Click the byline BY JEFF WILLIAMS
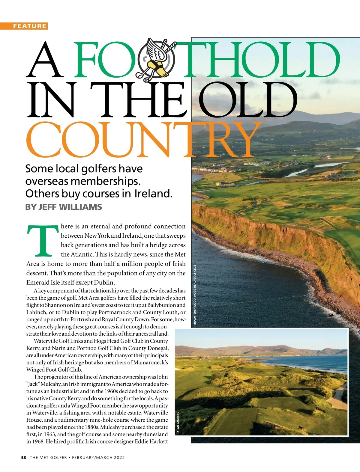click(x=64, y=207)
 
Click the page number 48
click(x=23, y=457)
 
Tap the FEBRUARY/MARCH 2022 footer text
click(x=98, y=457)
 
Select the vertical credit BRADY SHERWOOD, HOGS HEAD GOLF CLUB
click(x=195, y=295)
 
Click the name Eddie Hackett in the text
click(x=151, y=441)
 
